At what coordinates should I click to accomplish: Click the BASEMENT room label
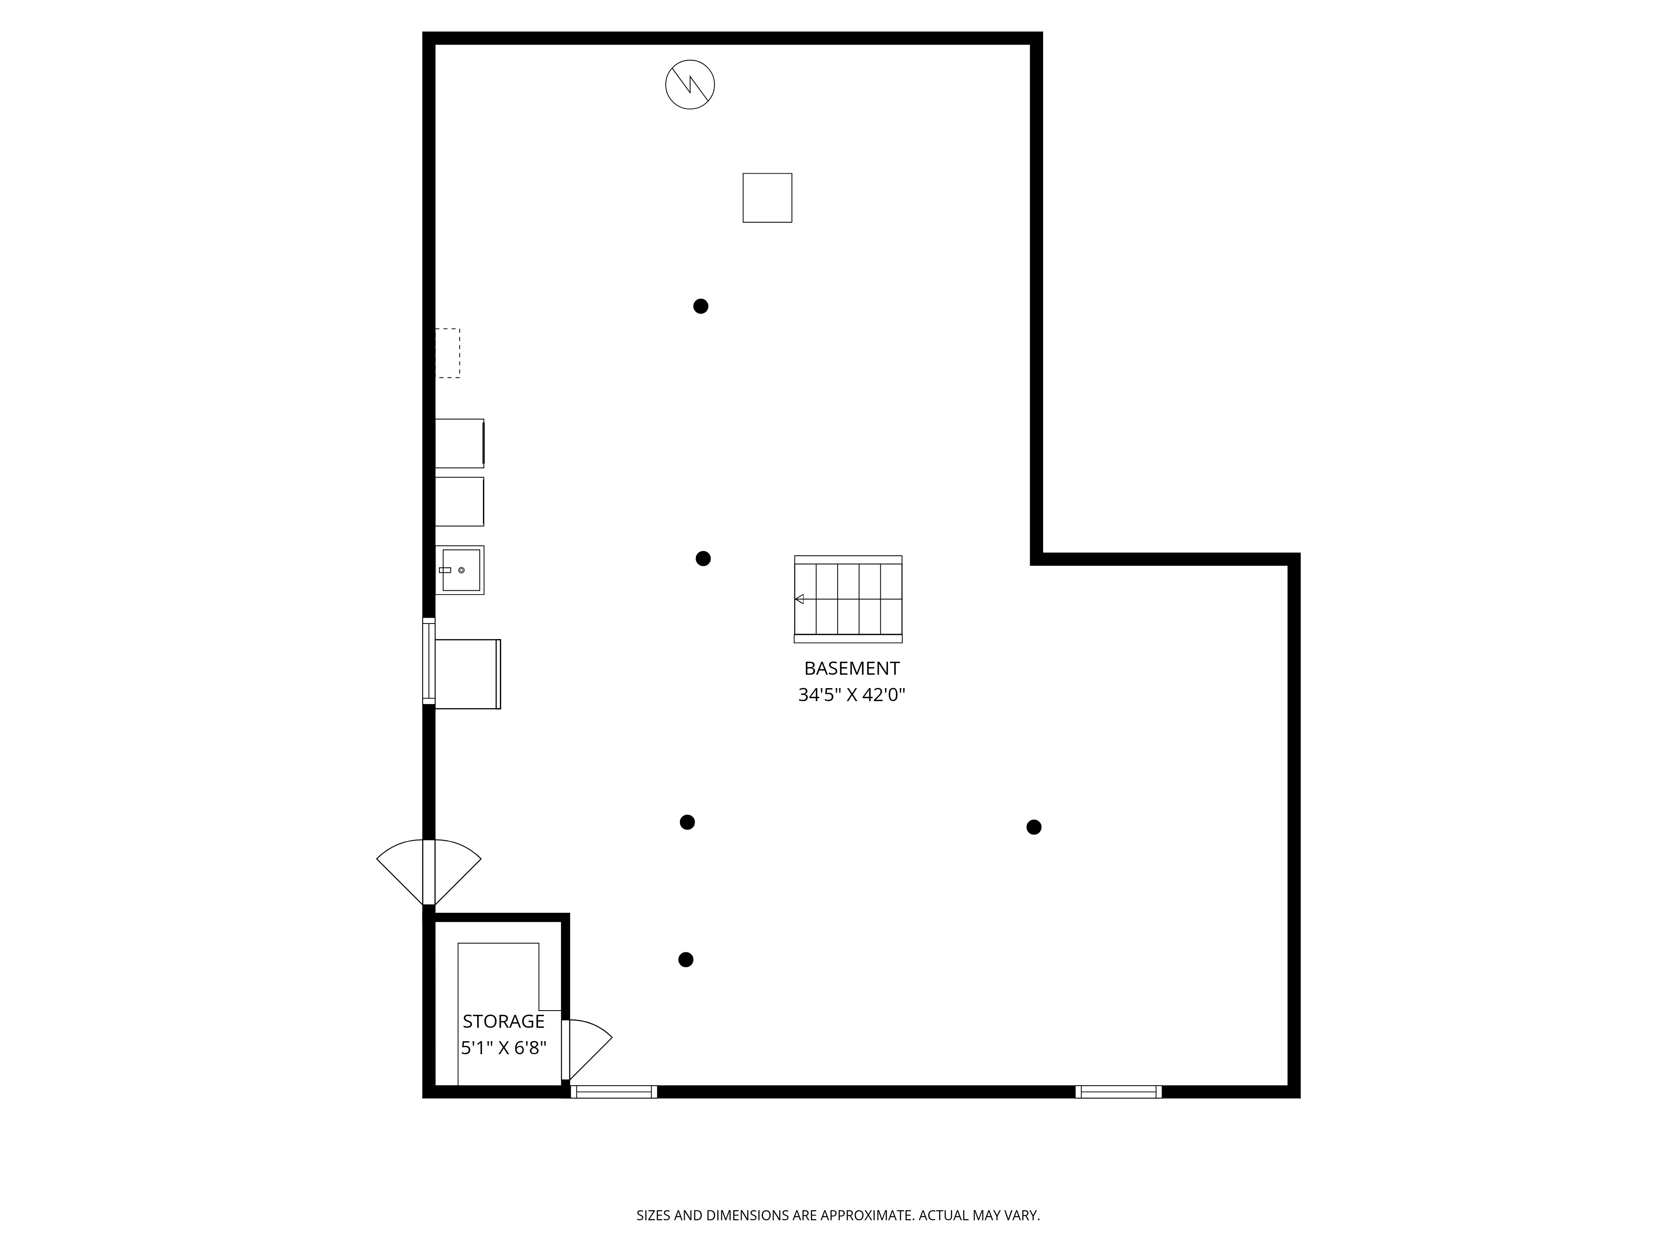pos(851,668)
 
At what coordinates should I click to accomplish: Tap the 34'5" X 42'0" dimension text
pos(851,694)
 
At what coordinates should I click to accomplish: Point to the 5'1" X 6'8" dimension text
pos(504,1048)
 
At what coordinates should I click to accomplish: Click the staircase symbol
pos(848,598)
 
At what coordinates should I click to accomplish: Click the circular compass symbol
pos(690,84)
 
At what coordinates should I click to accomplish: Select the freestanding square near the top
pos(767,198)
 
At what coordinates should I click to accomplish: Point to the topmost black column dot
pos(701,307)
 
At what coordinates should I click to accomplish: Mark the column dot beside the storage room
pos(685,960)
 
